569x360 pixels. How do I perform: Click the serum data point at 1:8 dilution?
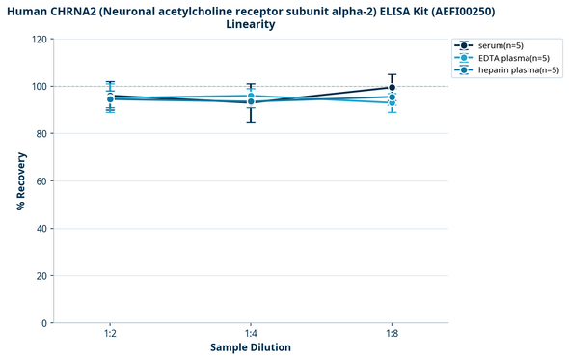391,88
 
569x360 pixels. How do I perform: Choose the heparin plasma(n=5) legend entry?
512,70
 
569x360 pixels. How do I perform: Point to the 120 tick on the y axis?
39,40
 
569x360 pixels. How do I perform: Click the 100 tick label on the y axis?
39,87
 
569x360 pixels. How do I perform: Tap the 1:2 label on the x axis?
111,333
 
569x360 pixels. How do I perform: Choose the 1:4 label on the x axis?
251,333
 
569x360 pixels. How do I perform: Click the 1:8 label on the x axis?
391,333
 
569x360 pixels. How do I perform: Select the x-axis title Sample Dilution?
251,347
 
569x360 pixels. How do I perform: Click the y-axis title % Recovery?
20,181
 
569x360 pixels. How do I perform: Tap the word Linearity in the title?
251,24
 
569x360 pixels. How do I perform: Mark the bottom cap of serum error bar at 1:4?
251,122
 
